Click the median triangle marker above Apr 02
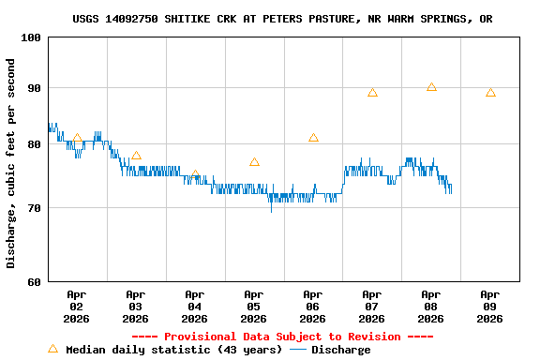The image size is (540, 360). [77, 139]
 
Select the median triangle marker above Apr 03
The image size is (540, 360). [136, 156]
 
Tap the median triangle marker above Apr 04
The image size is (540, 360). [195, 175]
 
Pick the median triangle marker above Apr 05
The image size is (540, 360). [254, 162]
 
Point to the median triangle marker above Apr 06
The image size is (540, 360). [313, 138]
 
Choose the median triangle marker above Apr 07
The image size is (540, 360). [372, 93]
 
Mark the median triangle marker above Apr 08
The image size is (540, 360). [431, 87]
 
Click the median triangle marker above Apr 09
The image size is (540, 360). [490, 93]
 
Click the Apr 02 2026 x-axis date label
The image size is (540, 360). [77, 306]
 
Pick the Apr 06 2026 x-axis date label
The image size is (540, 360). [313, 306]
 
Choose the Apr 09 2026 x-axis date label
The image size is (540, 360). [490, 306]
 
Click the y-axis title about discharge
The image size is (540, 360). [11, 163]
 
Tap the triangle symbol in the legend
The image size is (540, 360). [52, 349]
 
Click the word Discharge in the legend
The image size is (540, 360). [340, 350]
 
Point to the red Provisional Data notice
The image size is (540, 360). [282, 337]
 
